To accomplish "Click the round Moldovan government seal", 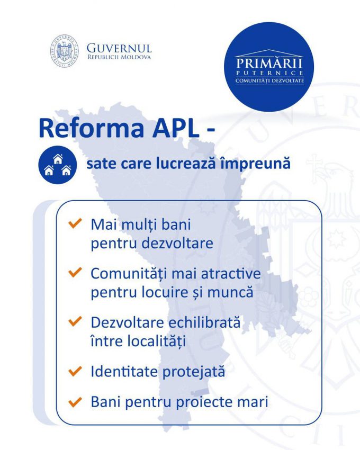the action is tap(64, 51).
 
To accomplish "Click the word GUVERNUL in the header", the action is tap(119, 48).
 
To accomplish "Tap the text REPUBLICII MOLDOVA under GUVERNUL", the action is tap(119, 57).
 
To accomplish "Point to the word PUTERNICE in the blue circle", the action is tap(269, 73).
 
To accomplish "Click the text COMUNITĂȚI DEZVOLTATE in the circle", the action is tap(269, 80).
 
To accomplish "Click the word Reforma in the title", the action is tap(91, 128).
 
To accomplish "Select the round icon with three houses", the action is tap(58, 165).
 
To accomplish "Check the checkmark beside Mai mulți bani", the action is tap(75, 223).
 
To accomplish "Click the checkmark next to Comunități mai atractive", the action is tap(75, 272).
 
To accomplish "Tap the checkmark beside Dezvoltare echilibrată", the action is tap(75, 321).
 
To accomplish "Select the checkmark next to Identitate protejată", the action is tap(75, 371).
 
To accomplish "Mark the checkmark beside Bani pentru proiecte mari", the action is tap(75, 401).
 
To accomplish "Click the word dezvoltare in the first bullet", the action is tap(177, 243).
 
